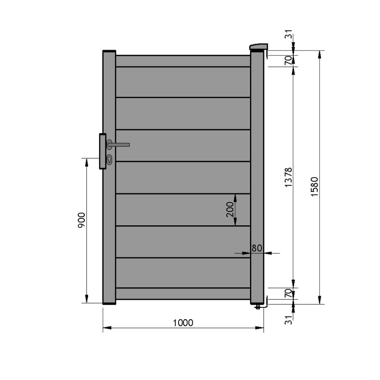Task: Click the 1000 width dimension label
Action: coord(183,323)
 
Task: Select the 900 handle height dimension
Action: coord(81,220)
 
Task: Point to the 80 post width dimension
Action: coord(257,248)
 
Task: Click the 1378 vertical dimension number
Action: coord(288,177)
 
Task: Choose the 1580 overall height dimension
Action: coord(314,187)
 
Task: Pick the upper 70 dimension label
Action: coord(288,60)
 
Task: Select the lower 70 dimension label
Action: coord(288,293)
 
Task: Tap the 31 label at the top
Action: coord(288,37)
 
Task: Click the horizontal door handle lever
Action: coord(120,144)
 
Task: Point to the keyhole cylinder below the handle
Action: coord(109,160)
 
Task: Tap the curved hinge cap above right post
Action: coord(258,46)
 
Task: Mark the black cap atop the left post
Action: coord(109,51)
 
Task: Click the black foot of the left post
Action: coord(109,303)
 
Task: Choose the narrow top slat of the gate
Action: coord(183,61)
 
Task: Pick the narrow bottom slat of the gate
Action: coord(183,293)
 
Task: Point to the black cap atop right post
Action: coord(257,51)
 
